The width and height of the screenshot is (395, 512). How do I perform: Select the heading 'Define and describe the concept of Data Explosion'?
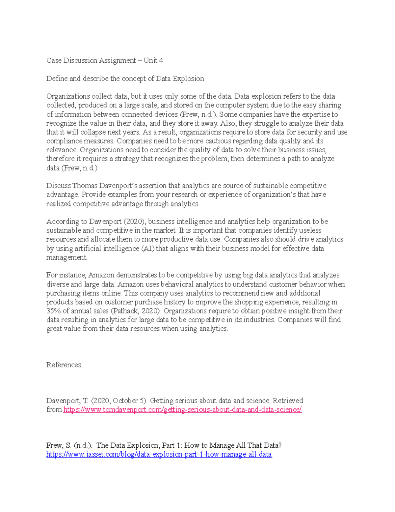tap(125, 78)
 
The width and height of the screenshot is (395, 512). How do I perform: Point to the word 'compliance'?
tap(63, 141)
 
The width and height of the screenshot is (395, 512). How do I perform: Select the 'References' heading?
tap(64, 365)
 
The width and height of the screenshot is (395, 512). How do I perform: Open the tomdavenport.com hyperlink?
tap(182, 409)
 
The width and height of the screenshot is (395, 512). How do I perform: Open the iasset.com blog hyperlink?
tap(159, 454)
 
